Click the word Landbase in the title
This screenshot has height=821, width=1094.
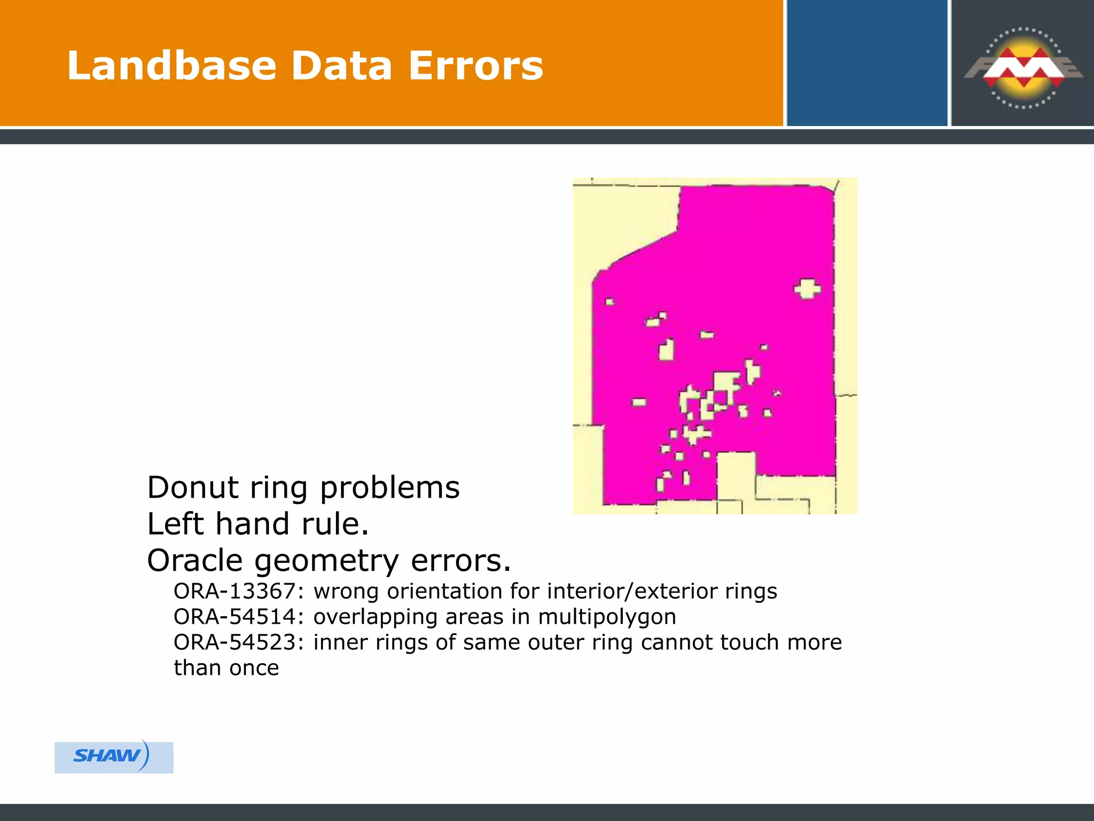point(171,66)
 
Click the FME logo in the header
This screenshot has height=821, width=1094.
point(1023,68)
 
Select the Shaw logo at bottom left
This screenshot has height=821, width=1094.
point(114,757)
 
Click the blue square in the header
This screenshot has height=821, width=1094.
point(866,63)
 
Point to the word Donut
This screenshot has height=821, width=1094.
point(193,487)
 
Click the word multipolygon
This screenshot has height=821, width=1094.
point(607,617)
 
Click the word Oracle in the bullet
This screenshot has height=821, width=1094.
point(195,561)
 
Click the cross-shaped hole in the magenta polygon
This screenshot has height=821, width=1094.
point(807,289)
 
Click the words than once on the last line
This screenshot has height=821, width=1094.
point(226,668)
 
